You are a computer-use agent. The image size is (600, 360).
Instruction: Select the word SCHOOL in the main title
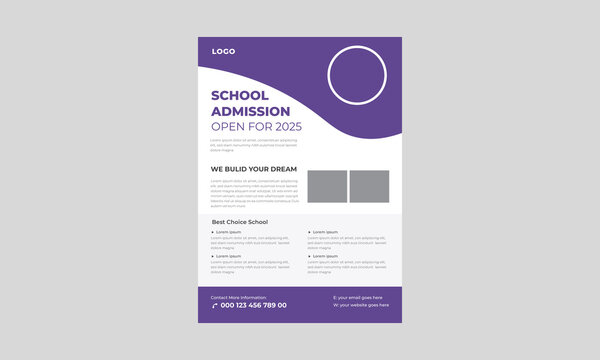pyautogui.click(x=241, y=96)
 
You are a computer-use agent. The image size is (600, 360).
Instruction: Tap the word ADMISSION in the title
pyautogui.click(x=251, y=111)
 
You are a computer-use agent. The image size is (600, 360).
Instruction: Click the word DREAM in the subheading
pyautogui.click(x=283, y=169)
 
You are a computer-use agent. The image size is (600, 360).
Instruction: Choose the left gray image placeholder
pyautogui.click(x=327, y=185)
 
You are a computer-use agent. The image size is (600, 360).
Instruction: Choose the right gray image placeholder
pyautogui.click(x=369, y=185)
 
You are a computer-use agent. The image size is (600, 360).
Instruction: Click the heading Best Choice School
pyautogui.click(x=239, y=221)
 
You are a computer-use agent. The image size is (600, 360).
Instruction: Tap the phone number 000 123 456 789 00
pyautogui.click(x=254, y=305)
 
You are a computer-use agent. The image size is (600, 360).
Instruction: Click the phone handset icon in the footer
pyautogui.click(x=214, y=305)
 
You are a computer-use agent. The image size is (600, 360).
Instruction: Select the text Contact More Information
pyautogui.click(x=238, y=296)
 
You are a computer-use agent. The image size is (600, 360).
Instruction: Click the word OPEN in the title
pyautogui.click(x=226, y=126)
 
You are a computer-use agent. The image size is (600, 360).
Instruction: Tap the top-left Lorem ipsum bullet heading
pyautogui.click(x=228, y=231)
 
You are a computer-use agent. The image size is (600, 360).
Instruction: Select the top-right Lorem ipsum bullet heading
pyautogui.click(x=324, y=231)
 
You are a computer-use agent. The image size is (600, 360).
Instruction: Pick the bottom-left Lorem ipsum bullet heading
pyautogui.click(x=228, y=255)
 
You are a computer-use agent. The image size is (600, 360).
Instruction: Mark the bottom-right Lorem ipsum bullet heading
pyautogui.click(x=324, y=255)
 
